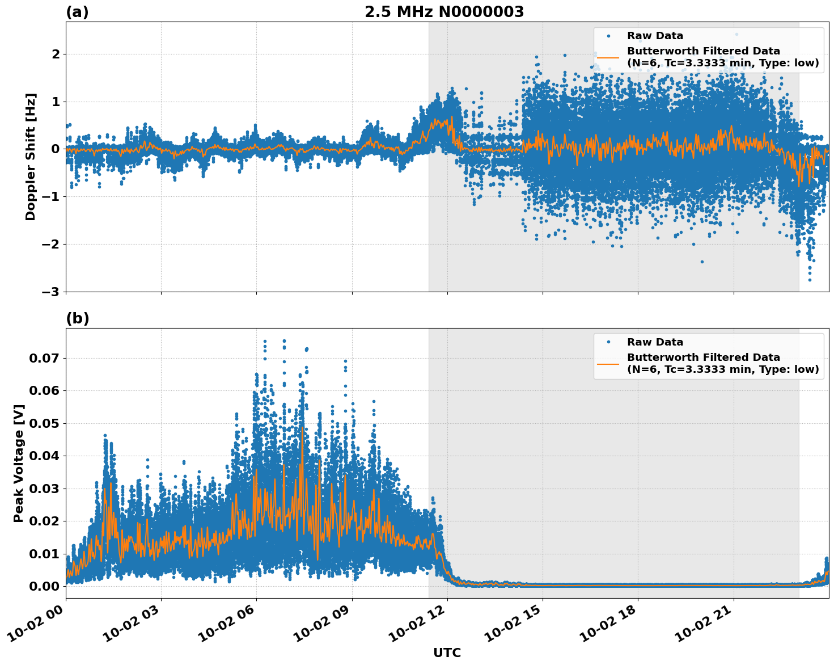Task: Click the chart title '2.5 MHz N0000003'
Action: [x=444, y=12]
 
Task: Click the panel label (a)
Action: [x=77, y=12]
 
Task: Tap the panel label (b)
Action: [x=77, y=318]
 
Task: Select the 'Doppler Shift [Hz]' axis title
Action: [x=31, y=157]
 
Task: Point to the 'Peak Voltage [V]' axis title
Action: [x=19, y=463]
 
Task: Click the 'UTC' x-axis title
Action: [x=447, y=653]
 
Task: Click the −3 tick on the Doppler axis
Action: [x=50, y=292]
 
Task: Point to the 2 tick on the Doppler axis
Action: [x=56, y=54]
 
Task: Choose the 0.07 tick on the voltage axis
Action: [x=44, y=358]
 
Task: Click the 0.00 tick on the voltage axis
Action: [x=44, y=586]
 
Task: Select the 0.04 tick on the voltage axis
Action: [x=44, y=456]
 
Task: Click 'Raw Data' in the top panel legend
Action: [x=655, y=36]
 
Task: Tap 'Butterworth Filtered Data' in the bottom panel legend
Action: [x=703, y=357]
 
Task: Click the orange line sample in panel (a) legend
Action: [x=608, y=57]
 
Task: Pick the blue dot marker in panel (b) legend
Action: [x=608, y=342]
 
